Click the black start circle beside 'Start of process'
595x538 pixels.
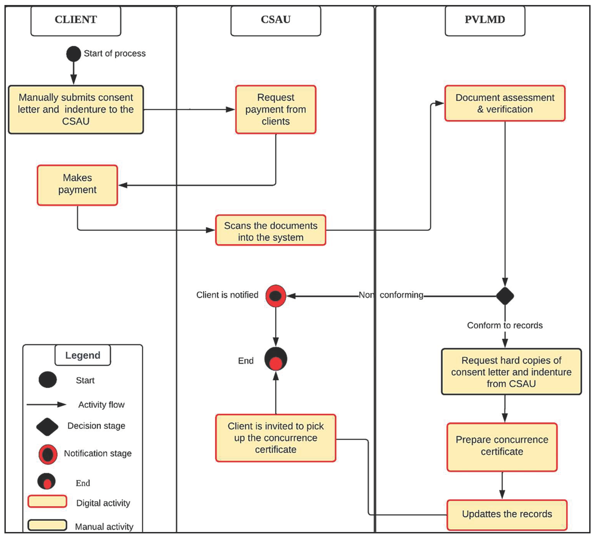click(x=74, y=54)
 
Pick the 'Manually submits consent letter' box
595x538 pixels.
click(x=76, y=110)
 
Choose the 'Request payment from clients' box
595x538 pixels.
click(x=276, y=110)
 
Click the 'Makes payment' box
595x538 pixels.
click(x=77, y=185)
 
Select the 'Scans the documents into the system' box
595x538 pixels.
click(x=271, y=230)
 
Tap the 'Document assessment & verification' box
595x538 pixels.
click(x=505, y=103)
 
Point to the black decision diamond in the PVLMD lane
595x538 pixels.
click(x=505, y=296)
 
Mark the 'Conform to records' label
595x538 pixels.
click(x=505, y=325)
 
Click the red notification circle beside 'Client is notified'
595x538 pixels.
click(x=276, y=296)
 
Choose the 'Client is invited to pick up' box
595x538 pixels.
click(x=276, y=438)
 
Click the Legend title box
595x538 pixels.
click(x=83, y=355)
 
